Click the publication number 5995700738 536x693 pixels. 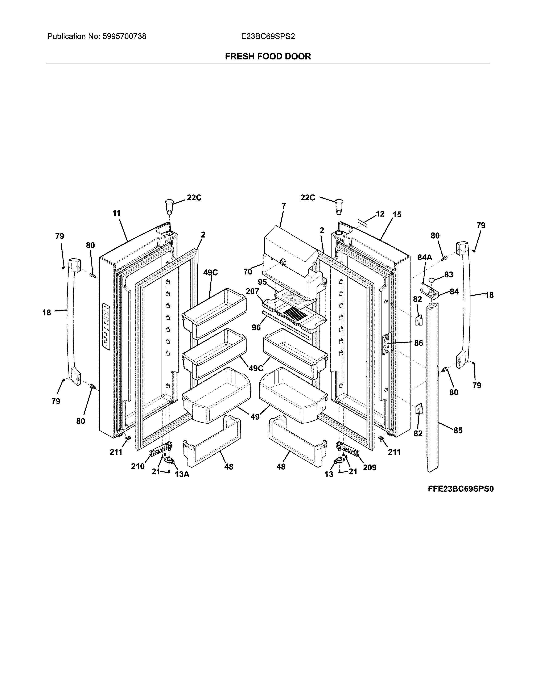click(124, 37)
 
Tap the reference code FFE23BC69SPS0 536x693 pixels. click(460, 489)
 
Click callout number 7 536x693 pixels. click(284, 206)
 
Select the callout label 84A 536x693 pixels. click(425, 258)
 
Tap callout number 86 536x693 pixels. click(419, 343)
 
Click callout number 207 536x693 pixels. click(252, 291)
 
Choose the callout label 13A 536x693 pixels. click(182, 474)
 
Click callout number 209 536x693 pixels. click(369, 467)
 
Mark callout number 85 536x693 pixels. click(458, 430)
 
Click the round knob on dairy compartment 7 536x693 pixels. click(282, 262)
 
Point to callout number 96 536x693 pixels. click(256, 327)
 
